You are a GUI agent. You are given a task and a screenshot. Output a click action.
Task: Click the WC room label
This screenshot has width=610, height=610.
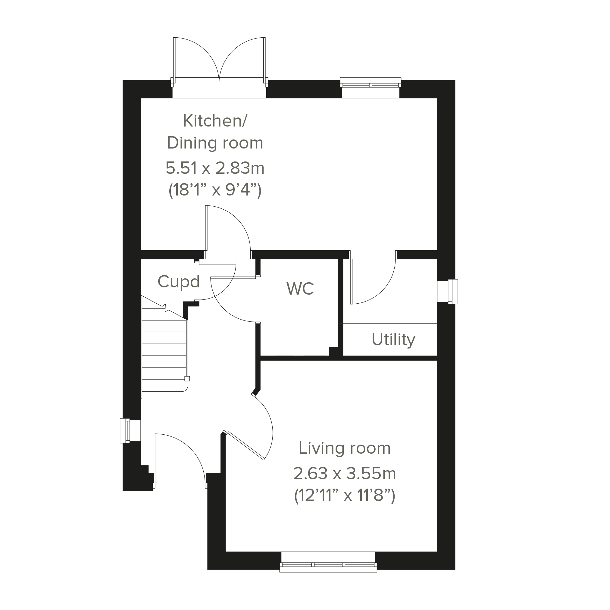click(x=300, y=288)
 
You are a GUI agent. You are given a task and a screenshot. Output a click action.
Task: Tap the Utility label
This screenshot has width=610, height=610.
click(x=393, y=340)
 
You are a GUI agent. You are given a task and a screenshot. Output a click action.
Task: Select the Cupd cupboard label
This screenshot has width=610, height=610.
click(x=179, y=281)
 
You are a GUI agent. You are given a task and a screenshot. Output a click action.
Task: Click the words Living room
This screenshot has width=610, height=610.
click(x=345, y=448)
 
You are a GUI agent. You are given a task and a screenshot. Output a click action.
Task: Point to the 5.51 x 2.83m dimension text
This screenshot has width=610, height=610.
click(x=215, y=168)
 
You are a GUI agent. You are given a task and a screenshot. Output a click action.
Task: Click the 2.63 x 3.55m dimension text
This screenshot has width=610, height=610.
click(x=345, y=474)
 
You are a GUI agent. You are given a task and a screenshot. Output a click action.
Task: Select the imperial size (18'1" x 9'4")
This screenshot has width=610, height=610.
click(x=215, y=190)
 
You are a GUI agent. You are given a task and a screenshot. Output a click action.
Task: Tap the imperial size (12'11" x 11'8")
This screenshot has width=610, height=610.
click(x=345, y=496)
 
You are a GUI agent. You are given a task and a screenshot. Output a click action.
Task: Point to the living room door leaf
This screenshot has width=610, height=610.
click(x=245, y=445)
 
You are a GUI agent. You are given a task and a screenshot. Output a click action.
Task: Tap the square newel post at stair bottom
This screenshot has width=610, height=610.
click(x=187, y=379)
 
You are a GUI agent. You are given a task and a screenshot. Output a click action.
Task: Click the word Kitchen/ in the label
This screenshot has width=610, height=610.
click(x=215, y=120)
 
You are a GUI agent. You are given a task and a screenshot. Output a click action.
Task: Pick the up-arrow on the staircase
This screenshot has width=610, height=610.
click(x=165, y=308)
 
